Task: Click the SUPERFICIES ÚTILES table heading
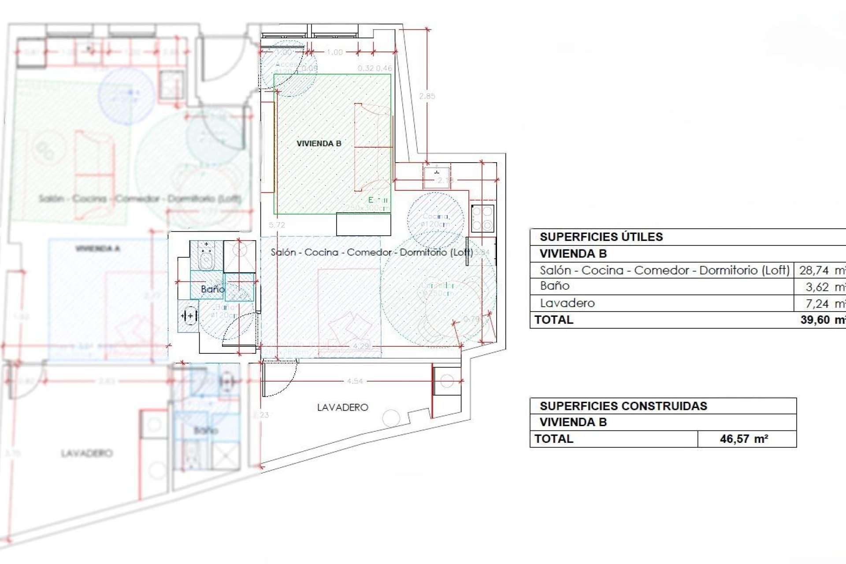tap(601, 237)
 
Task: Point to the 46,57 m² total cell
tap(744, 439)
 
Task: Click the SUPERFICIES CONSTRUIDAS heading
tap(623, 406)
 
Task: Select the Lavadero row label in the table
tap(568, 304)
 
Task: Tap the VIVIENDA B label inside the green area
tap(319, 144)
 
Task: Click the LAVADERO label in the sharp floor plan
tap(342, 408)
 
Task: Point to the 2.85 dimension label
tap(427, 96)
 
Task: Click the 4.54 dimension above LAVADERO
tap(355, 381)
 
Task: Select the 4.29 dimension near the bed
tap(361, 346)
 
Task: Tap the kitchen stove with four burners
tap(482, 219)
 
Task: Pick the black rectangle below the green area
tap(364, 224)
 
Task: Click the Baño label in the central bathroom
tap(212, 289)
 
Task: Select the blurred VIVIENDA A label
tap(97, 249)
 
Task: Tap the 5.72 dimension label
tap(277, 225)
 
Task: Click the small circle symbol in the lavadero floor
tap(391, 418)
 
